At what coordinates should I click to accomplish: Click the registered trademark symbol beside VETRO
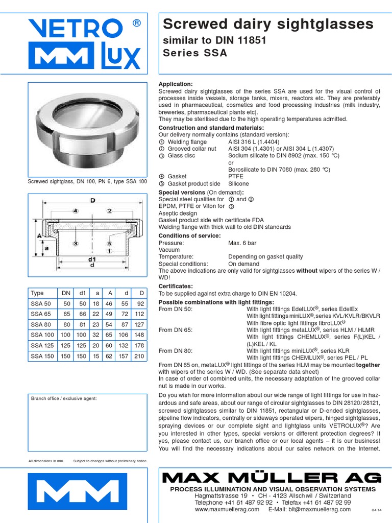[x=136, y=23]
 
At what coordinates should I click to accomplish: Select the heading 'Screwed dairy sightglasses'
[x=267, y=24]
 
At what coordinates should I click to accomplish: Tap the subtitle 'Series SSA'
[x=194, y=53]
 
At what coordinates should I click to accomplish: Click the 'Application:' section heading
[x=176, y=84]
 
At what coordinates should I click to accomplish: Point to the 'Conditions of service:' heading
[x=189, y=235]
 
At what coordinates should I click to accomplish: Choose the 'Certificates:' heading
[x=176, y=286]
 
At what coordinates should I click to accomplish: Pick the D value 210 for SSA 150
[x=139, y=356]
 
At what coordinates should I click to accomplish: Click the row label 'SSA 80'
[x=41, y=324]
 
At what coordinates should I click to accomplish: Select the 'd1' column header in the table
[x=82, y=293]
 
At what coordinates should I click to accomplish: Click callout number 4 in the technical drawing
[x=75, y=210]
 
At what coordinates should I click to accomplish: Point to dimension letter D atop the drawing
[x=93, y=201]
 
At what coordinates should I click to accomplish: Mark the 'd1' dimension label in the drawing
[x=92, y=259]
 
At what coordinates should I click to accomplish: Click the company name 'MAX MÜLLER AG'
[x=271, y=478]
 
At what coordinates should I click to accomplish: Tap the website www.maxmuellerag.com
[x=224, y=509]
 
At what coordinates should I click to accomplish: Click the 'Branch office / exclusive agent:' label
[x=64, y=398]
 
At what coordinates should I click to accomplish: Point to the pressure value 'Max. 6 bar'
[x=243, y=243]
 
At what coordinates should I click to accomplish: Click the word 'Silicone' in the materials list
[x=238, y=184]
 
